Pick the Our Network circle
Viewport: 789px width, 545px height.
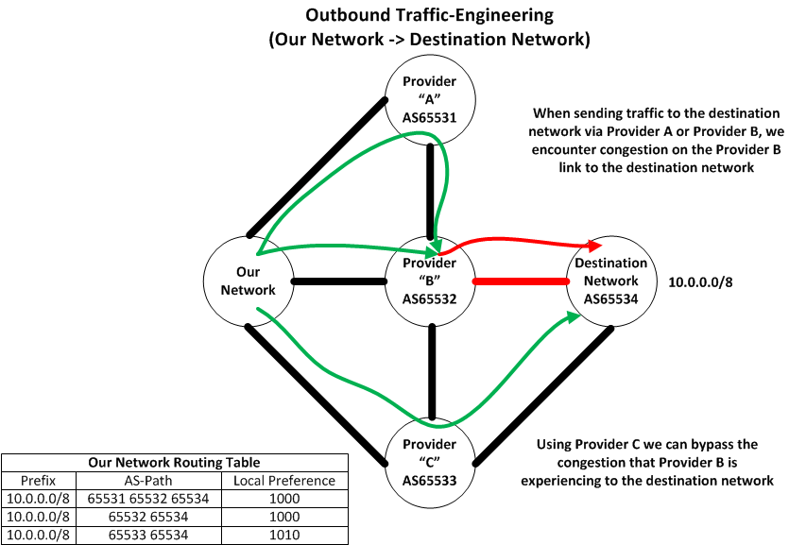tap(249, 281)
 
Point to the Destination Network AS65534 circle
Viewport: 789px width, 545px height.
tap(611, 281)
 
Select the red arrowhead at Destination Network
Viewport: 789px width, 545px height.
tap(596, 246)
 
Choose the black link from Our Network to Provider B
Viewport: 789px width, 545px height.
tap(339, 281)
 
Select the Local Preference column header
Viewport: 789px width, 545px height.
tap(284, 480)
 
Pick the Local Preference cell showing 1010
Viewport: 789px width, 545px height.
tap(284, 535)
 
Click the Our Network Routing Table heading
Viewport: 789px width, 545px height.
tap(174, 462)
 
